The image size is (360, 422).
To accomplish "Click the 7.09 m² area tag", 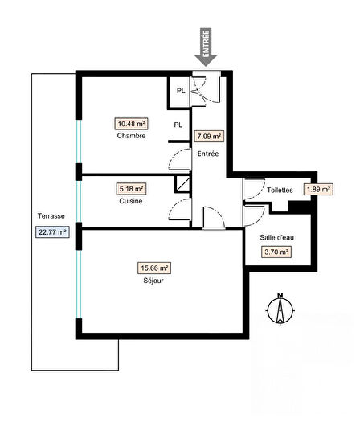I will pyautogui.click(x=209, y=137).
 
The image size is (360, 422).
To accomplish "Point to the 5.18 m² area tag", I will pyautogui.click(x=131, y=189).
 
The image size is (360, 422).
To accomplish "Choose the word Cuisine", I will pyautogui.click(x=131, y=201).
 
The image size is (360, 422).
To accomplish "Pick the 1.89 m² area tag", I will pyautogui.click(x=318, y=190).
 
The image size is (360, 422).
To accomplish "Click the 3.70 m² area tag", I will pyautogui.click(x=275, y=252).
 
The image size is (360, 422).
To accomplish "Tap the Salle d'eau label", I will pyautogui.click(x=275, y=238).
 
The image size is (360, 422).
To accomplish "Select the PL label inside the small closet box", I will pyautogui.click(x=181, y=91).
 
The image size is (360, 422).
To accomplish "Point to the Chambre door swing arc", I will pyautogui.click(x=180, y=158).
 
